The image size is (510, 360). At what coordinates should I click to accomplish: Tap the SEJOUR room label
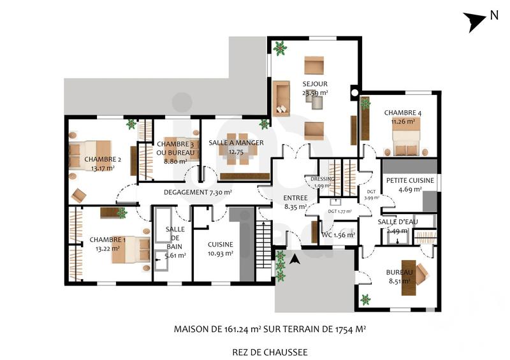(315, 83)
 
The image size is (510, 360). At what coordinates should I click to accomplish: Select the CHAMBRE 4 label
(402, 113)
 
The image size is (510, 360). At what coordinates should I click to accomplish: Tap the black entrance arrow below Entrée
(294, 259)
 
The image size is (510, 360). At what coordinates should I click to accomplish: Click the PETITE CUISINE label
(410, 181)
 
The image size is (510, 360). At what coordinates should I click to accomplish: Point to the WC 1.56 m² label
(337, 235)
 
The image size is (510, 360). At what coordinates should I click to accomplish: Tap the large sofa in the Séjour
(281, 98)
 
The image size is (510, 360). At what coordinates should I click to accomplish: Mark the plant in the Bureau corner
(366, 299)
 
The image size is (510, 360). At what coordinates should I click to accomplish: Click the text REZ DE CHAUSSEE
(270, 351)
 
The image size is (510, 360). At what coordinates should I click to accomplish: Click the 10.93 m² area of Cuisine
(220, 254)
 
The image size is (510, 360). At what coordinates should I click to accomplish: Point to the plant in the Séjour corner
(279, 47)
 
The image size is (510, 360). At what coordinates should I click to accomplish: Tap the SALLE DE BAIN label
(175, 238)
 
